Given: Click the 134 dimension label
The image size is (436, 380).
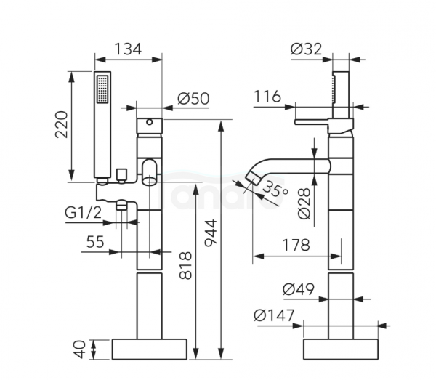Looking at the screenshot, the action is pyautogui.click(x=128, y=49).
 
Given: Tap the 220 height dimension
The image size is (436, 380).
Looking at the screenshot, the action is pyautogui.click(x=62, y=124).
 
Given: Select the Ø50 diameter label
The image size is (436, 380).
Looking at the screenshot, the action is pyautogui.click(x=193, y=99).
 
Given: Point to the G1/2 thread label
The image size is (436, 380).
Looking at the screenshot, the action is pyautogui.click(x=83, y=213).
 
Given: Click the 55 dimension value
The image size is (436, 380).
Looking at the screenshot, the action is pyautogui.click(x=95, y=241).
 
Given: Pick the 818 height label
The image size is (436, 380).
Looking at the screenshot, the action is pyautogui.click(x=185, y=265).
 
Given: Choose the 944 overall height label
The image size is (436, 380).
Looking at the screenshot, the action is pyautogui.click(x=211, y=233).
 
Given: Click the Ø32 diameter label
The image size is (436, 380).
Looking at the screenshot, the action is pyautogui.click(x=306, y=49).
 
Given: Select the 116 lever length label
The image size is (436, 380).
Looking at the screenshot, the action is pyautogui.click(x=267, y=97).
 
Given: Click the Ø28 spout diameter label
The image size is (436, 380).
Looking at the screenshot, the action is pyautogui.click(x=304, y=203).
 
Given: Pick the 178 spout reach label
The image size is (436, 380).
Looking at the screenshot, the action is pyautogui.click(x=296, y=245).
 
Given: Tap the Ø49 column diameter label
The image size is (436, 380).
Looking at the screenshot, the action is pyautogui.click(x=299, y=289).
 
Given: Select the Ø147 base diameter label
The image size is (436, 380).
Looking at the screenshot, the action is pyautogui.click(x=274, y=315).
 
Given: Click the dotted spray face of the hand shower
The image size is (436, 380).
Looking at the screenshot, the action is pyautogui.click(x=102, y=89).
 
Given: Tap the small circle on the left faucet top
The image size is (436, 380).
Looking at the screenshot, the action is pyautogui.click(x=149, y=122).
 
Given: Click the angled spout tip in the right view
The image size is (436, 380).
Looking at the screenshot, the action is pyautogui.click(x=253, y=177).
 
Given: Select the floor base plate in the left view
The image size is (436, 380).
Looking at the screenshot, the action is pyautogui.click(x=149, y=349).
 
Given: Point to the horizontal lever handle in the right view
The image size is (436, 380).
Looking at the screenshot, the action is pyautogui.click(x=312, y=122).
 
